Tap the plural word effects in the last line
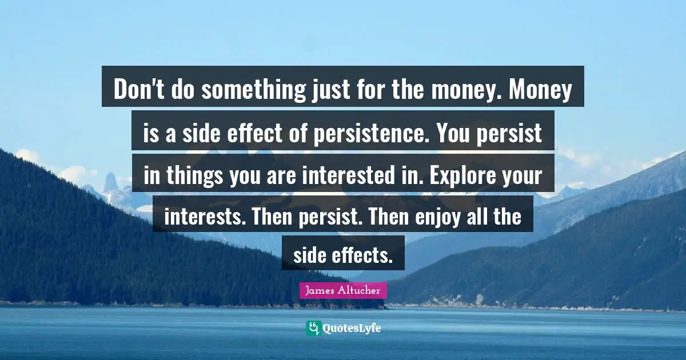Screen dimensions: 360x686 (362, 256)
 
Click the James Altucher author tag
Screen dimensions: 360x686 (343, 290)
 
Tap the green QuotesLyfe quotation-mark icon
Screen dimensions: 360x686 (313, 328)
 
